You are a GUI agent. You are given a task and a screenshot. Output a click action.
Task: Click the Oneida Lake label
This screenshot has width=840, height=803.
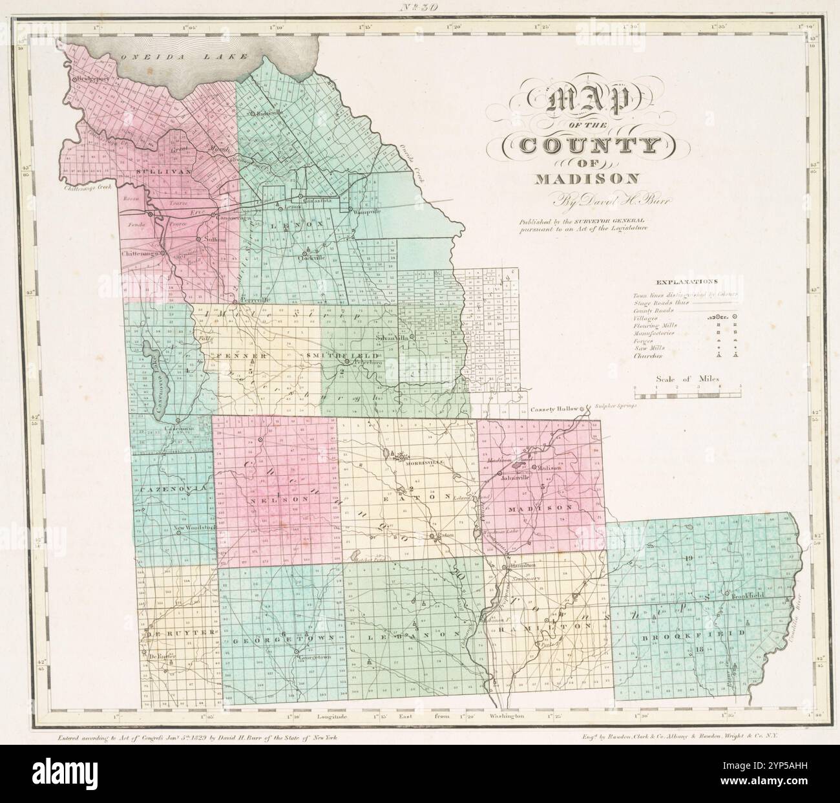[x=184, y=57]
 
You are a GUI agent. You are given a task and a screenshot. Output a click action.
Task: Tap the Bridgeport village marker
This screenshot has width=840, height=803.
[x=75, y=79]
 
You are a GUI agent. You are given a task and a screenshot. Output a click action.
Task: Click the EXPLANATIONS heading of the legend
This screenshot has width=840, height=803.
[x=687, y=282]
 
